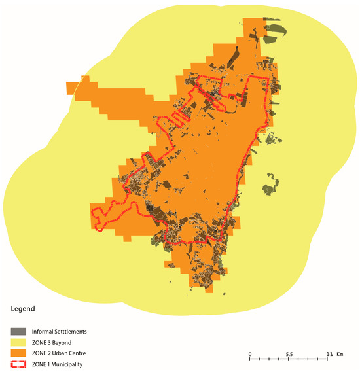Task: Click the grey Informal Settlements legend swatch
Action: pyautogui.click(x=19, y=332)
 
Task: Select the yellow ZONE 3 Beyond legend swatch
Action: pyautogui.click(x=19, y=342)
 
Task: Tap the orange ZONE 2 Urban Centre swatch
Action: pyautogui.click(x=19, y=353)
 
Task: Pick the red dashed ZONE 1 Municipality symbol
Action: pyautogui.click(x=19, y=364)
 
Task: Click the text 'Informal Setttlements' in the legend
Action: pyautogui.click(x=62, y=332)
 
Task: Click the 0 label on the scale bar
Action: pyautogui.click(x=250, y=354)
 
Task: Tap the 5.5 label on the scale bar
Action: pyautogui.click(x=289, y=354)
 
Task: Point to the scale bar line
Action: pyautogui.click(x=289, y=359)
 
